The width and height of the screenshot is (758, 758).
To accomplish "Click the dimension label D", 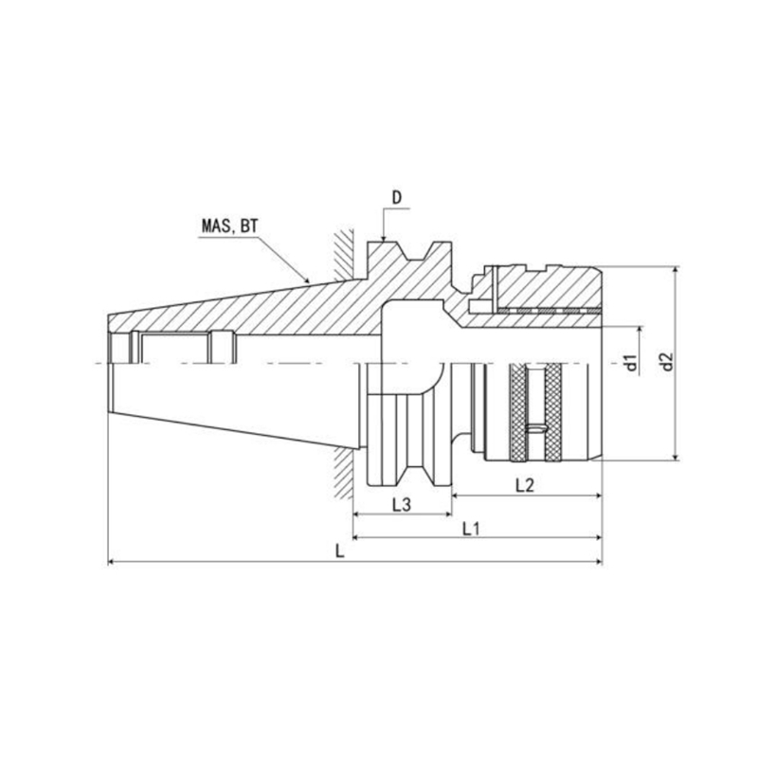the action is tap(396, 197).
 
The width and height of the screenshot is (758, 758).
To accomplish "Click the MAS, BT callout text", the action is tap(229, 226).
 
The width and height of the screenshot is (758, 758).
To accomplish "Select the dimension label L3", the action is tap(401, 505).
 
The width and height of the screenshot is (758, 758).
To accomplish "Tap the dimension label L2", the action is tap(525, 485).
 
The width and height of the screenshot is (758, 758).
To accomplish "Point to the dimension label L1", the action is tap(470, 529).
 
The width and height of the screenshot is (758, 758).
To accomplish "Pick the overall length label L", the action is tap(340, 551).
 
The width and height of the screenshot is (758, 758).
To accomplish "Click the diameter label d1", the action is tap(631, 362).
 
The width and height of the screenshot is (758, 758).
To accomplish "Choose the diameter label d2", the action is tap(667, 362).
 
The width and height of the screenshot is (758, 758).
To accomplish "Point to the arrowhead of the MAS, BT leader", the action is tap(306, 280).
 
